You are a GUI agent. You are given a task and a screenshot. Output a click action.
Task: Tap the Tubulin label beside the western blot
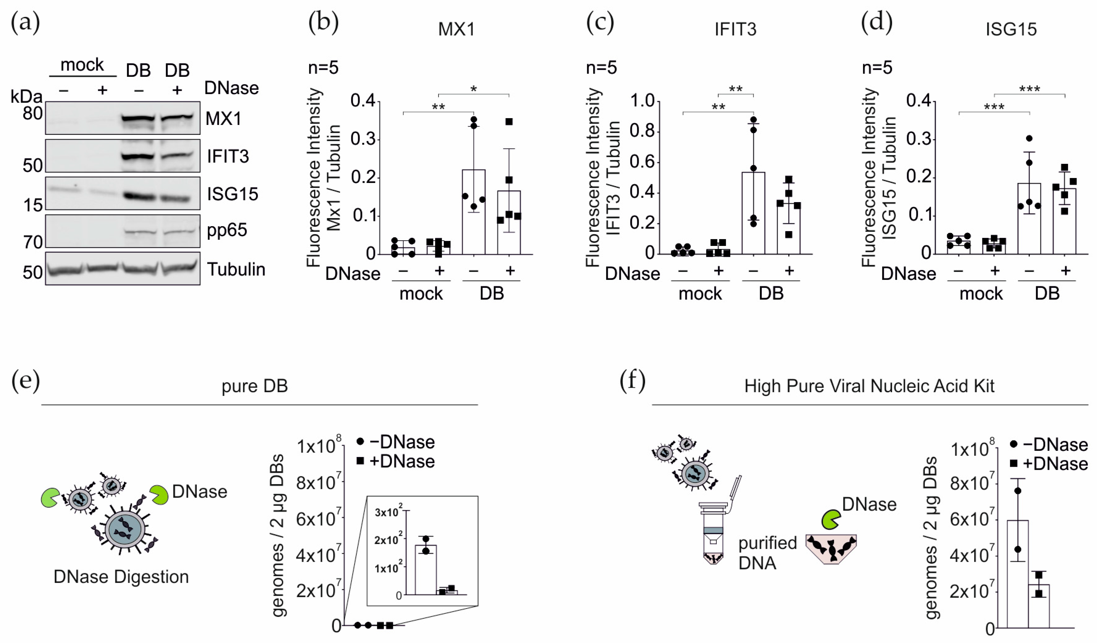(x=236, y=269)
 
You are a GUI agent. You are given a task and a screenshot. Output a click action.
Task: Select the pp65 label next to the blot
(x=227, y=230)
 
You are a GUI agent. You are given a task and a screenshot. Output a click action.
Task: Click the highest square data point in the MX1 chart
(x=509, y=122)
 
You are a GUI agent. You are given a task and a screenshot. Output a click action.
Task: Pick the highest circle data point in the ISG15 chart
(x=1029, y=138)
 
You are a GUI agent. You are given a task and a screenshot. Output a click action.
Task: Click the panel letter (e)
(x=25, y=381)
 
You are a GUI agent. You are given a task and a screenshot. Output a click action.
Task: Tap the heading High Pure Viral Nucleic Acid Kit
(x=869, y=386)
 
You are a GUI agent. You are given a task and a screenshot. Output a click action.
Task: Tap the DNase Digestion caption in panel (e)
(x=121, y=577)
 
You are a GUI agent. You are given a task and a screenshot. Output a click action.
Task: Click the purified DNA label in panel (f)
(x=767, y=553)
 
